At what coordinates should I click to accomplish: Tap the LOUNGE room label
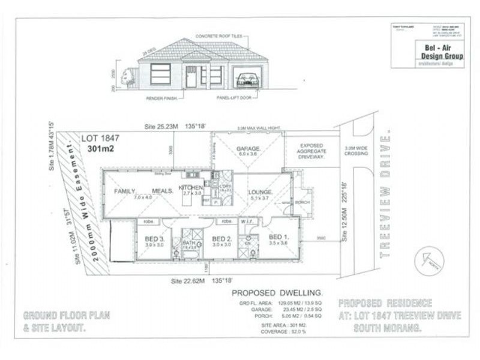click(260, 192)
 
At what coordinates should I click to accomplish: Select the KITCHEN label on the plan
click(192, 188)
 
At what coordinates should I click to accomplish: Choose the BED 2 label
click(222, 238)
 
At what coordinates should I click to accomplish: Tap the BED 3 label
click(155, 238)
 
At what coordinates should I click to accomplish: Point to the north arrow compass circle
click(430, 260)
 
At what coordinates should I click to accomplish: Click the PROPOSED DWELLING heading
click(277, 292)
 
